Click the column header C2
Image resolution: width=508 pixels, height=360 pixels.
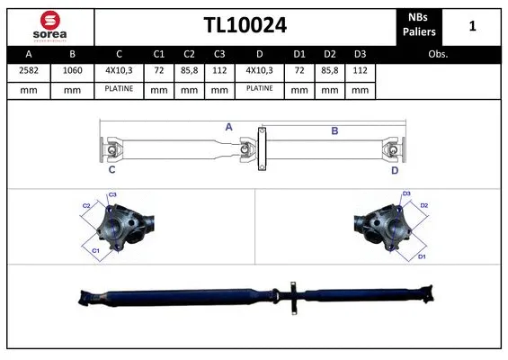(190, 53)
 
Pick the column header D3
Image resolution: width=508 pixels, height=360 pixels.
(360, 53)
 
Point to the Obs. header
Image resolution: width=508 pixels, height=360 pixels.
(438, 53)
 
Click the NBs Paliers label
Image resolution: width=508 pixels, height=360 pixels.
(420, 24)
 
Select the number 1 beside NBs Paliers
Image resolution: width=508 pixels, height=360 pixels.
(473, 26)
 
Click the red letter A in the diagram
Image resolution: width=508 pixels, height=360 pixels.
(229, 128)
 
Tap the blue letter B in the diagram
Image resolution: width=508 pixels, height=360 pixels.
(334, 131)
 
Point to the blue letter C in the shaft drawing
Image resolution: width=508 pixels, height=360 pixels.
(111, 169)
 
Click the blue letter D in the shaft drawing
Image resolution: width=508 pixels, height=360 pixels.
(394, 169)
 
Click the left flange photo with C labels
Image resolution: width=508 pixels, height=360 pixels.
(126, 228)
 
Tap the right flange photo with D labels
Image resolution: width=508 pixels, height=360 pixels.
(382, 228)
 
